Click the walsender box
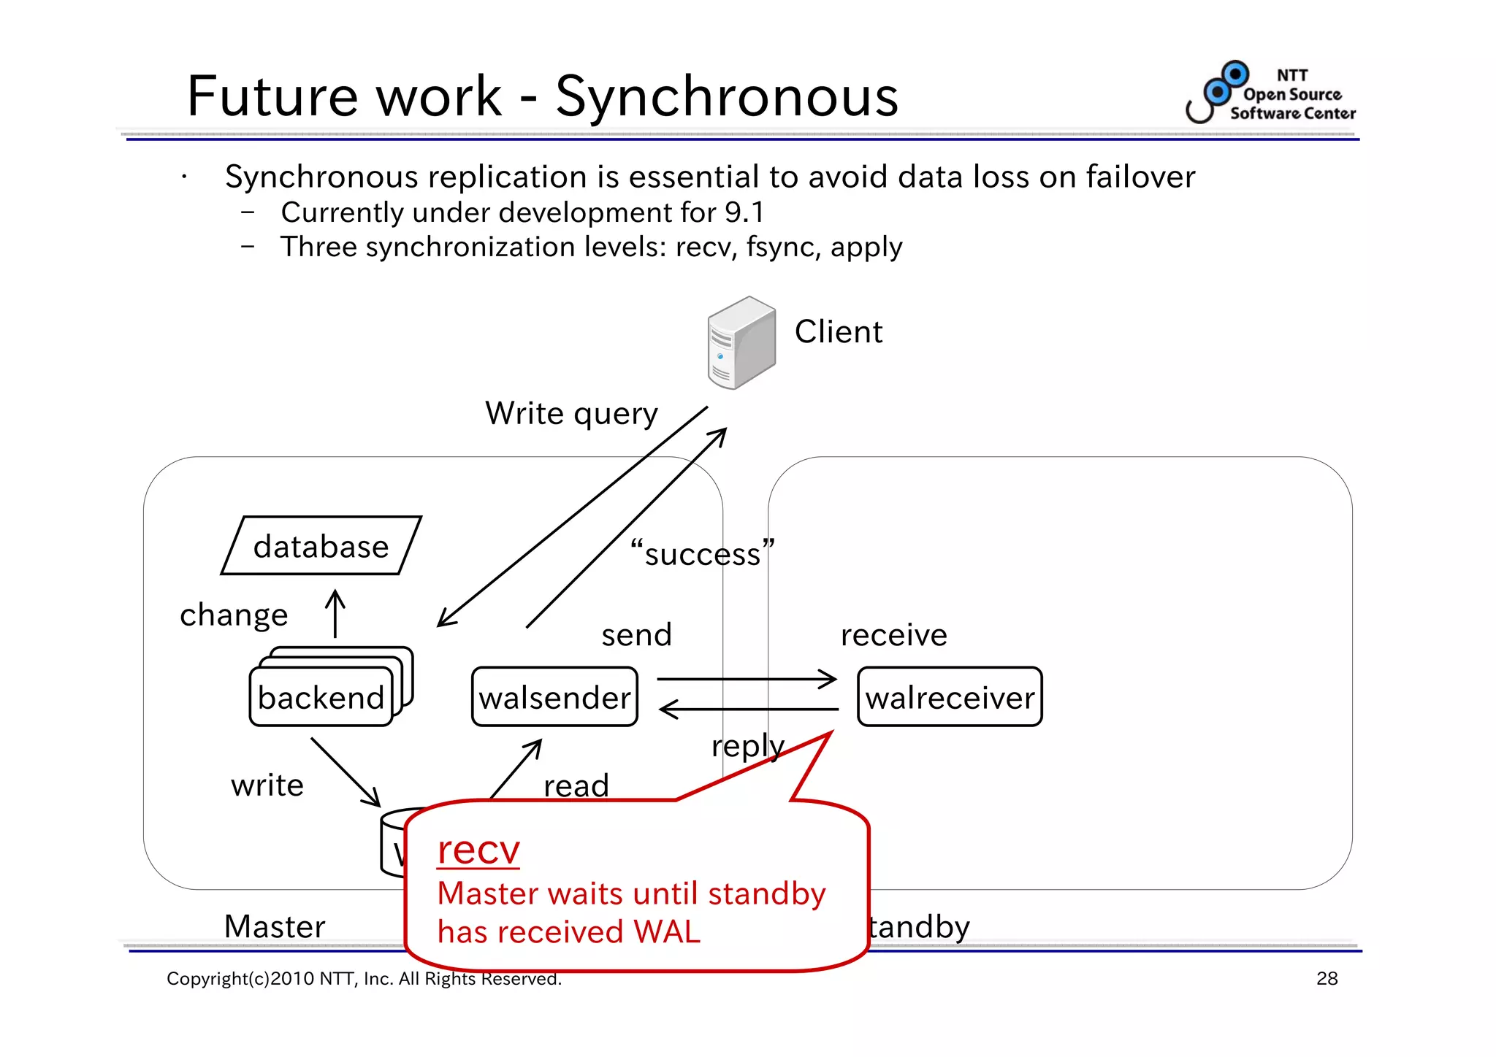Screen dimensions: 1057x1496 click(x=554, y=697)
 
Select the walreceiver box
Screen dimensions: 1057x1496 click(x=950, y=697)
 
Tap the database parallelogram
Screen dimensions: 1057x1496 click(x=321, y=546)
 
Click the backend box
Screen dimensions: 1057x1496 click(x=321, y=697)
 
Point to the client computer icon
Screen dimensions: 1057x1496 click(x=741, y=342)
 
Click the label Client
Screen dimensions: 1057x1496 click(x=839, y=332)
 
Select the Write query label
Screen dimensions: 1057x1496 click(x=571, y=414)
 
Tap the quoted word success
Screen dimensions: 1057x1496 click(x=702, y=554)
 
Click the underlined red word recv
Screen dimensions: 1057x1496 click(x=478, y=850)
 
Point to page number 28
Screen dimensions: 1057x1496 click(x=1327, y=978)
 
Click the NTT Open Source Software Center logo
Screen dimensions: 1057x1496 click(x=1271, y=93)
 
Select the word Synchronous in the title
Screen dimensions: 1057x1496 click(x=727, y=96)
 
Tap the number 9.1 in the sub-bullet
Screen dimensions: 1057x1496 click(x=744, y=212)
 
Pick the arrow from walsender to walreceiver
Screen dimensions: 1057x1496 click(x=747, y=679)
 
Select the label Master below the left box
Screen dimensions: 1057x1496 click(x=274, y=926)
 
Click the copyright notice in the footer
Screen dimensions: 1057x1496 click(x=364, y=979)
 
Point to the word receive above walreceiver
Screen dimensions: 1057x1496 click(x=893, y=635)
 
